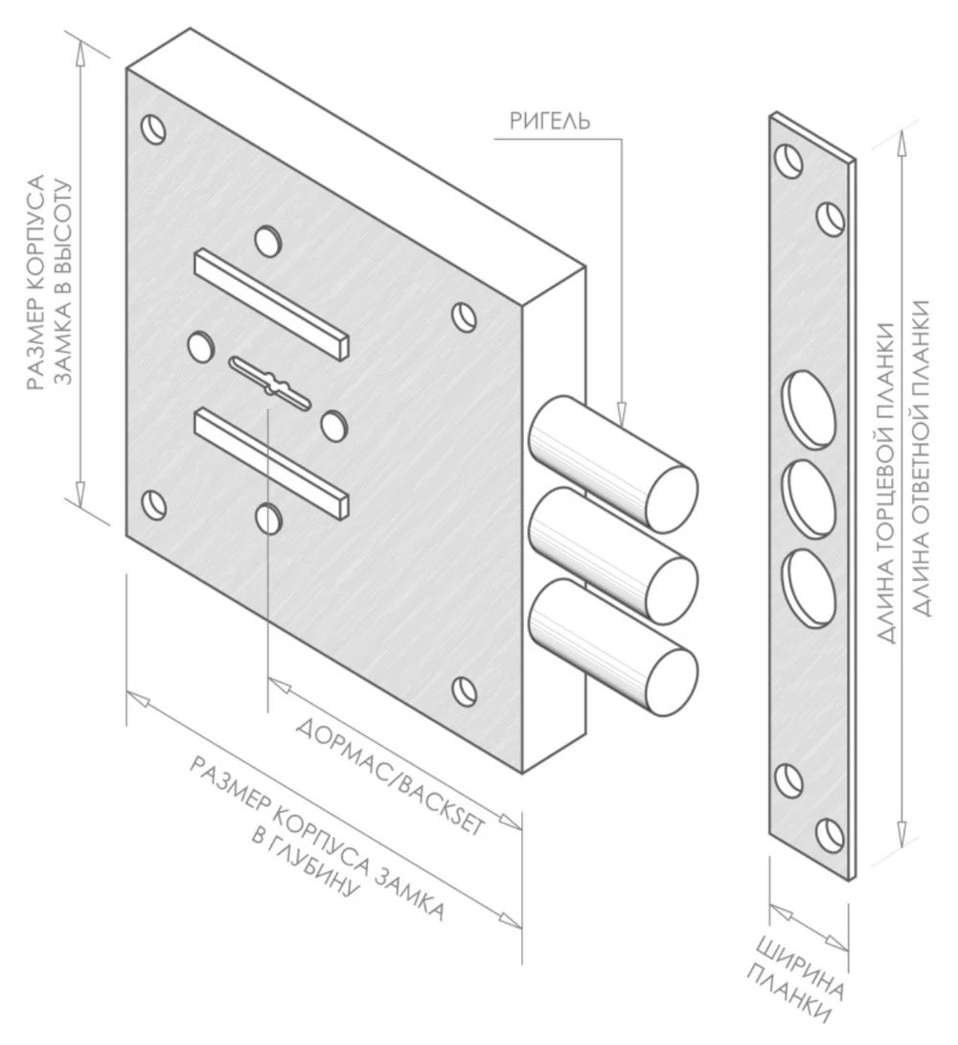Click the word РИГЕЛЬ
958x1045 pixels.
pos(550,122)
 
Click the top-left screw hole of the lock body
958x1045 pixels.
pos(154,129)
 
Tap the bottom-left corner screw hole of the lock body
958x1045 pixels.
pos(154,504)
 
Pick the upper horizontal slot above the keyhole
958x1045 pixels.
pos(272,303)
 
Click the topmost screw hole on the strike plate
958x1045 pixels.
pos(789,160)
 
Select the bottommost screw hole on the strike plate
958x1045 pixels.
pos(831,836)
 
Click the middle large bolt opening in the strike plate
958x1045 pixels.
pos(809,499)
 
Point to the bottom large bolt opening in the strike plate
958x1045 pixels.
pos(809,589)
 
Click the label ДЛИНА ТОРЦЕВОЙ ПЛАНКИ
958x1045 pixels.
pos(885,483)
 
